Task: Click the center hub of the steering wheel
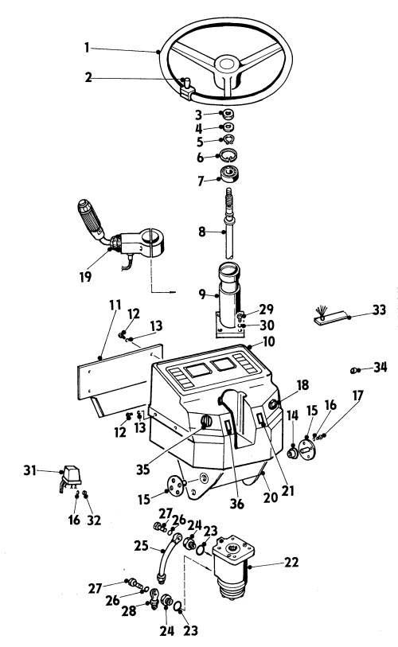pyautogui.click(x=226, y=64)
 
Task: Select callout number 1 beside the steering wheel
pyautogui.click(x=87, y=48)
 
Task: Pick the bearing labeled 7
pyautogui.click(x=230, y=173)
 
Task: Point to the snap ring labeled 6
pyautogui.click(x=228, y=155)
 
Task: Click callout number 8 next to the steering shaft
pyautogui.click(x=201, y=232)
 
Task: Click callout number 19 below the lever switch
pyautogui.click(x=85, y=276)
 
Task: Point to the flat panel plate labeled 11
pyautogui.click(x=119, y=372)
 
